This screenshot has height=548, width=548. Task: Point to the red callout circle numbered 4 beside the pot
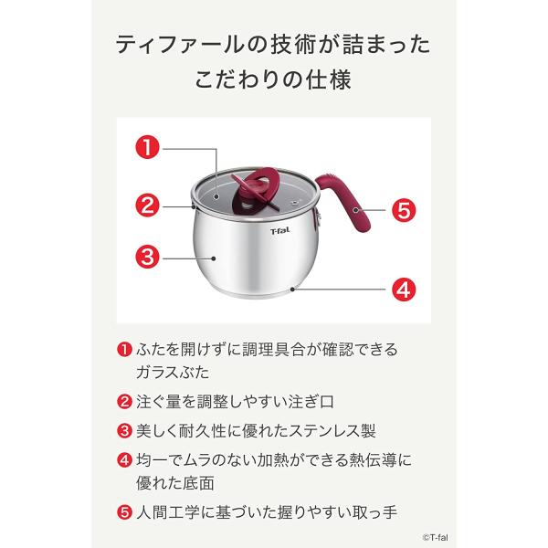tap(403, 291)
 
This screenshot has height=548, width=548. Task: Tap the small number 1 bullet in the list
tap(124, 349)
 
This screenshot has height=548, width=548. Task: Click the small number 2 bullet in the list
tap(124, 400)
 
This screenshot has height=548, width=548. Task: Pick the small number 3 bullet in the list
tap(124, 429)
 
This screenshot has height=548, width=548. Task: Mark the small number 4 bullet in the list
tap(124, 459)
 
